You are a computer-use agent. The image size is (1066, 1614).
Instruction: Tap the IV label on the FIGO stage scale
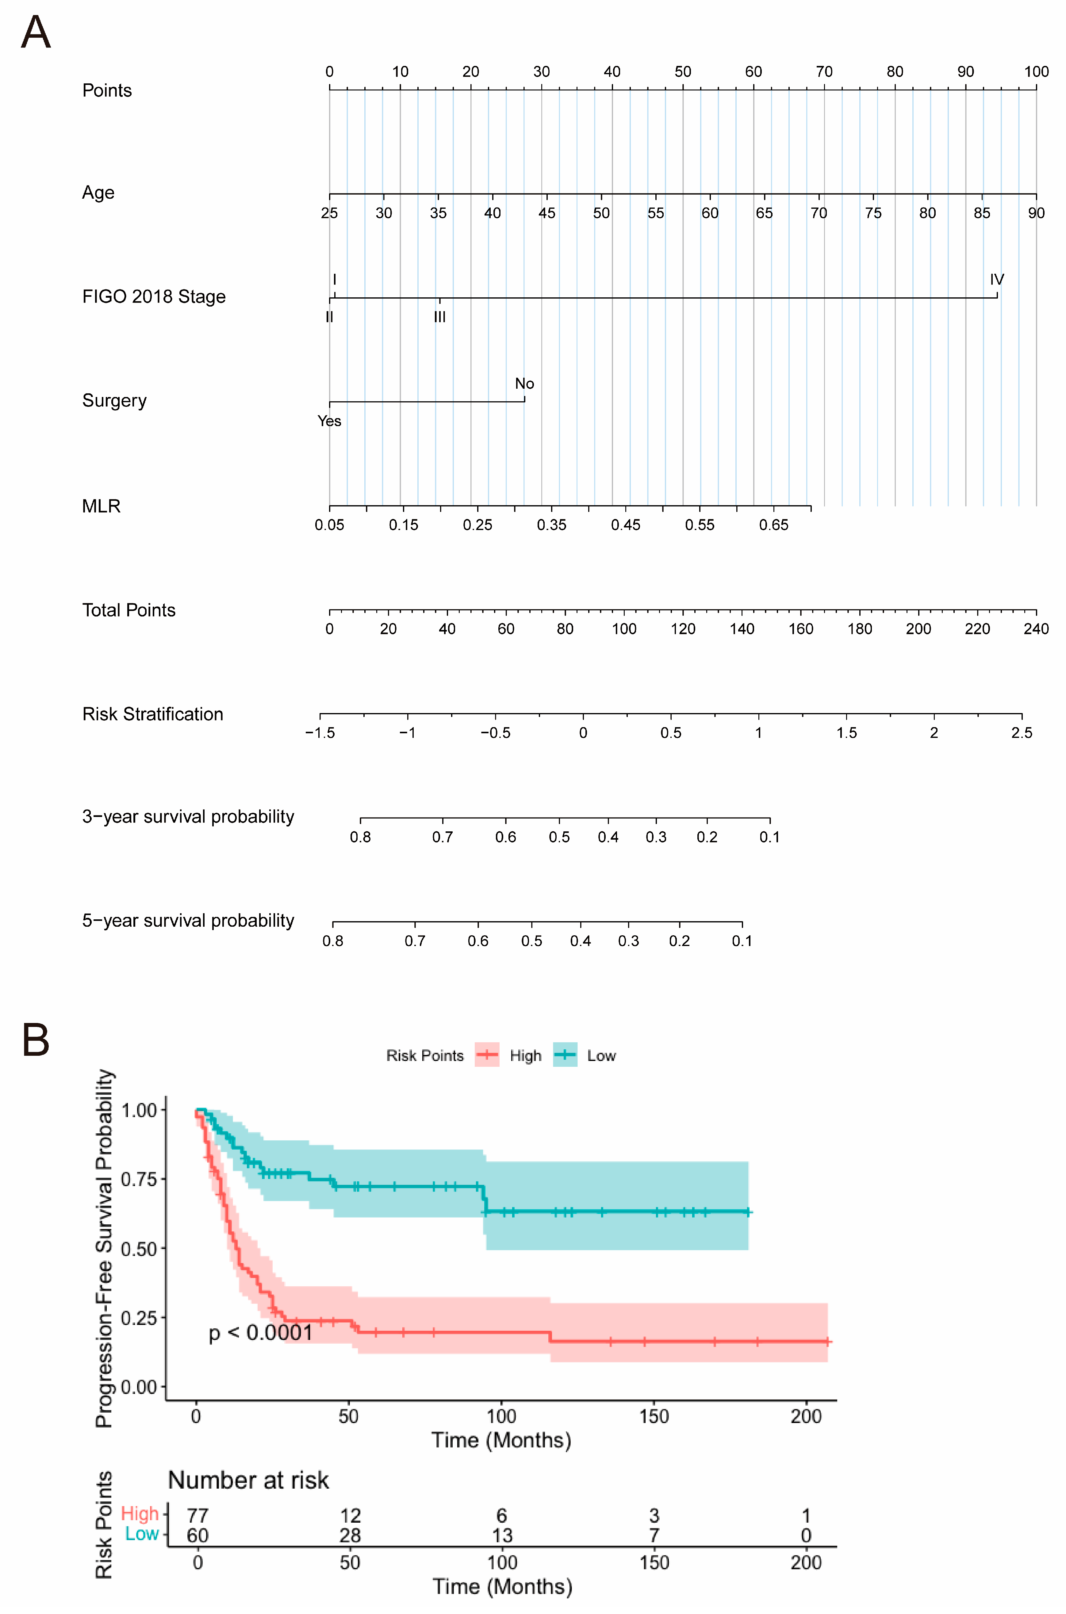(x=997, y=279)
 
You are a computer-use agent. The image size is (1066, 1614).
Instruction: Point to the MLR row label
(x=101, y=506)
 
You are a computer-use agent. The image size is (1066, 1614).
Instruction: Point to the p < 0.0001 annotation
(x=260, y=1333)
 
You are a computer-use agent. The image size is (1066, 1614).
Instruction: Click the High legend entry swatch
(x=487, y=1055)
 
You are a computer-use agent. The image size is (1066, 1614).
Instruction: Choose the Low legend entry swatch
(x=565, y=1055)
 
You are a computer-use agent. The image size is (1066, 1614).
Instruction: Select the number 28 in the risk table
(x=350, y=1535)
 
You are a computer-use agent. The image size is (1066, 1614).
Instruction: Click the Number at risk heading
(x=248, y=1480)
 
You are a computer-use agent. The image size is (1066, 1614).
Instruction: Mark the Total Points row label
(x=128, y=610)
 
